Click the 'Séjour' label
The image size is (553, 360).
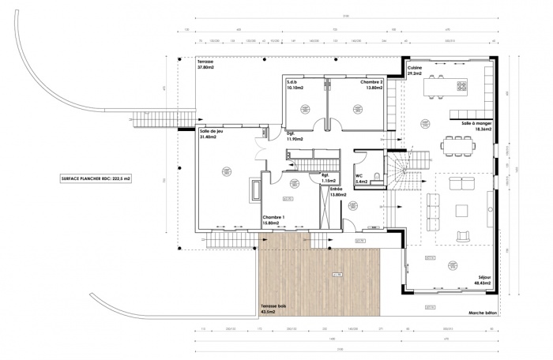(x=481, y=279)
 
